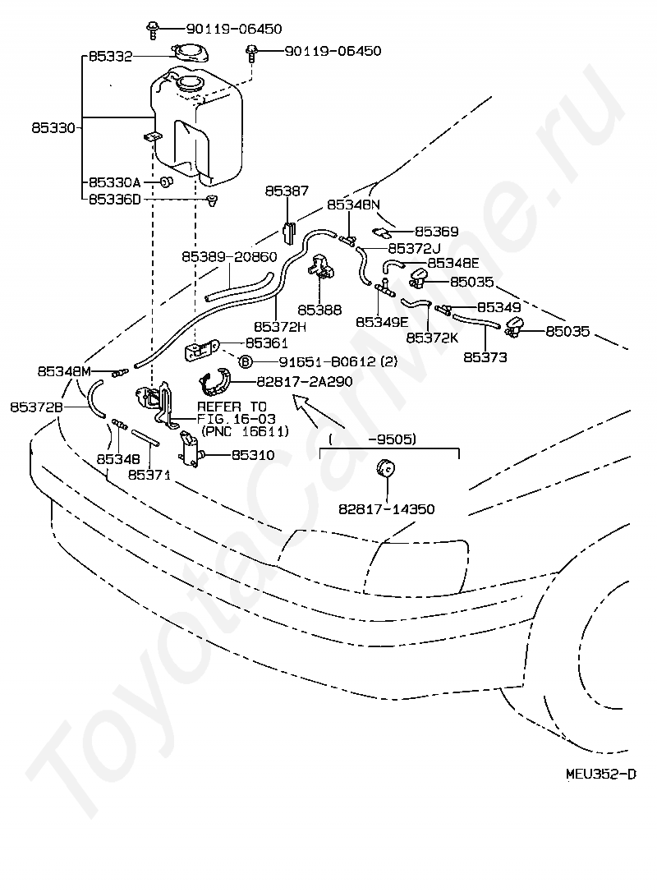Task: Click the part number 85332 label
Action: pos(110,57)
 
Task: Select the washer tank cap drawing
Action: pos(190,53)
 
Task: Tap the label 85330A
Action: pos(114,182)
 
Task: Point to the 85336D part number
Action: pos(114,200)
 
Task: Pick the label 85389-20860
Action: pos(229,256)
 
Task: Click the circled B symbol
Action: pos(245,361)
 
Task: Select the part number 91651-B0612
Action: pos(327,361)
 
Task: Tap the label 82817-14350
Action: pos(387,509)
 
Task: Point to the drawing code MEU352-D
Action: pos(601,774)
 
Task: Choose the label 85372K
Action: pos(432,338)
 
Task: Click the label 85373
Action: pos(485,357)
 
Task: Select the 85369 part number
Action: pos(436,232)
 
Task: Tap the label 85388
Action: pos(319,310)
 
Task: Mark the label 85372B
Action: pos(36,407)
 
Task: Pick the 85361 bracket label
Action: pos(267,343)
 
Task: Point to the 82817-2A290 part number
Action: pos(305,381)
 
